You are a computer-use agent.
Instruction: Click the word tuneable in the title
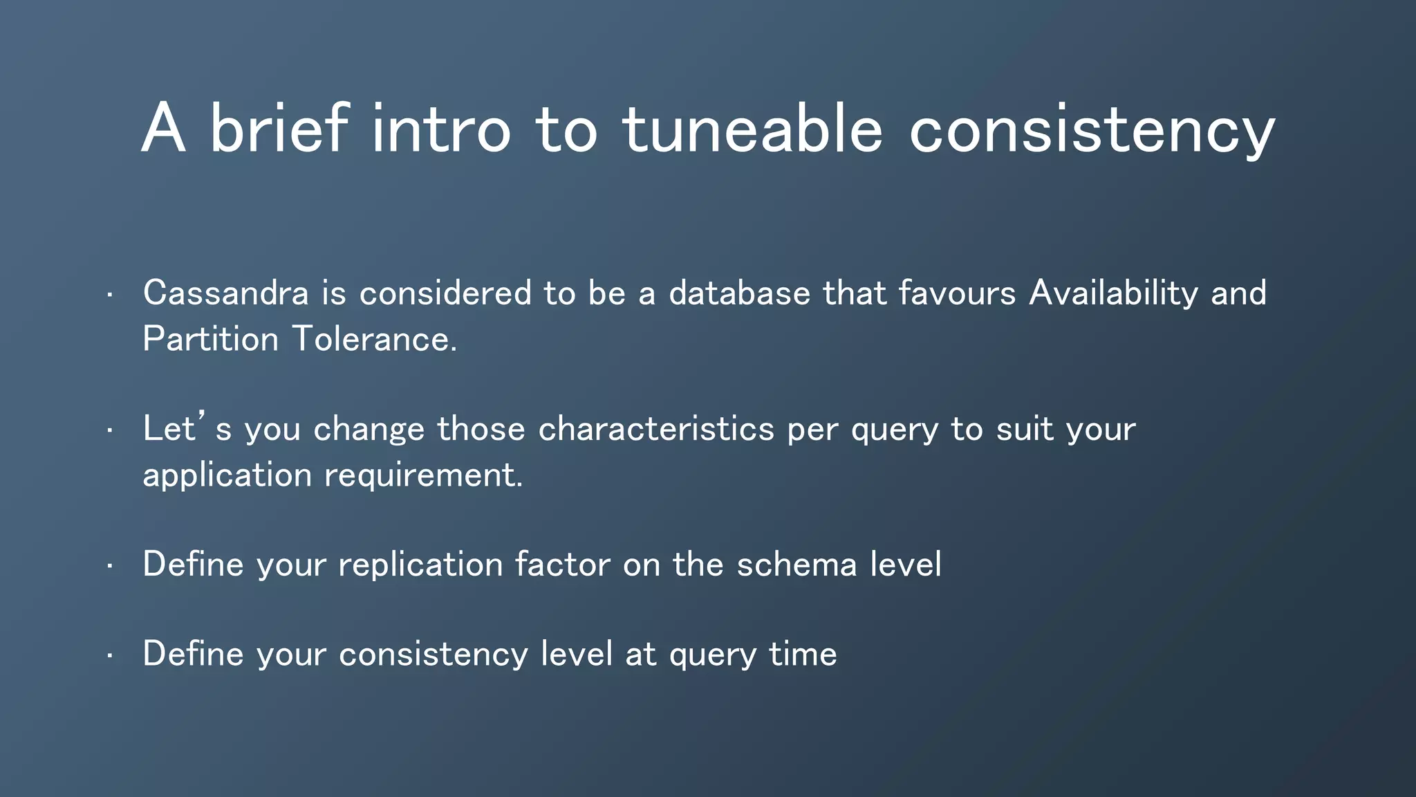pos(752,129)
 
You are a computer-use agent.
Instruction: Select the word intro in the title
pos(440,129)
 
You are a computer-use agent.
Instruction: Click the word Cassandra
pos(225,293)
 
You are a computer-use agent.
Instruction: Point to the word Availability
pos(1113,293)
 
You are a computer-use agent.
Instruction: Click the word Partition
pos(210,339)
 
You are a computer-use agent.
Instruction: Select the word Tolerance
pos(374,339)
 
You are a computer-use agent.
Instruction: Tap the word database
pos(739,293)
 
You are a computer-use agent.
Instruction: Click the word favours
pos(957,293)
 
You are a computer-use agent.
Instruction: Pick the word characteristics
pos(656,429)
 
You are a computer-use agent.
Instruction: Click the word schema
pos(796,564)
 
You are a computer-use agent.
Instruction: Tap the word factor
pos(563,564)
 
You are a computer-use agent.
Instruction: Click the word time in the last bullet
pos(803,654)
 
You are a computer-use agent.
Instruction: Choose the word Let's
pos(187,428)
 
